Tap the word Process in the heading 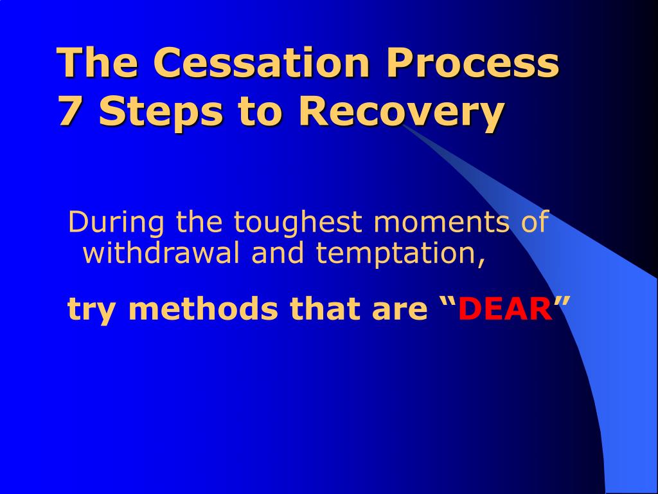472,62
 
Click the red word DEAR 505,309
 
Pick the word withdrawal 161,253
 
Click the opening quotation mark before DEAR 448,302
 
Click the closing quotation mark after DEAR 562,302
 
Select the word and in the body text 278,253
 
